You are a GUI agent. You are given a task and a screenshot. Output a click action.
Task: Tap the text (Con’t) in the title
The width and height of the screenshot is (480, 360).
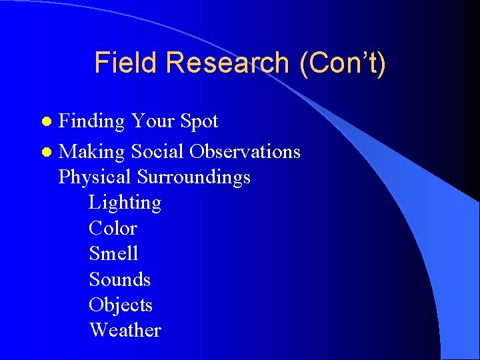click(x=343, y=63)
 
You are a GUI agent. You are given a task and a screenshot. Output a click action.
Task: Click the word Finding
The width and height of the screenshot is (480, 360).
click(x=92, y=122)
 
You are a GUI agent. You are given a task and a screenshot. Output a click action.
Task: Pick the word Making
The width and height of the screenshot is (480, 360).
click(x=92, y=153)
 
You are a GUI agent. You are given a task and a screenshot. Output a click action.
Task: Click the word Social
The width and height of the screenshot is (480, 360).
click(x=158, y=152)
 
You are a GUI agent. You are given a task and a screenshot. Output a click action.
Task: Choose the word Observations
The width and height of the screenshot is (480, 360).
click(x=245, y=152)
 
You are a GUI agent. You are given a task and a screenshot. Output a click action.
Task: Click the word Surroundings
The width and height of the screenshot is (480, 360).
click(x=194, y=177)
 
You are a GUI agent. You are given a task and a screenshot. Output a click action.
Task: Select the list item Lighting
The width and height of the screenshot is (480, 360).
click(x=125, y=203)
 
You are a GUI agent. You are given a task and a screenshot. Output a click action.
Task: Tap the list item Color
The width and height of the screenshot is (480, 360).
click(x=113, y=228)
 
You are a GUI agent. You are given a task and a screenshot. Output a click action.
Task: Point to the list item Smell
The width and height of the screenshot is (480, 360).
click(x=113, y=253)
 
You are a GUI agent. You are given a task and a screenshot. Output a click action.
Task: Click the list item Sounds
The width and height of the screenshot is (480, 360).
click(x=119, y=279)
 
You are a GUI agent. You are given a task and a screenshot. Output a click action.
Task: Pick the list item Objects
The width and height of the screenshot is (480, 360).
click(x=121, y=305)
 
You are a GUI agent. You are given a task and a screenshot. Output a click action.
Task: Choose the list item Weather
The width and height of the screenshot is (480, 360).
click(x=125, y=330)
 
